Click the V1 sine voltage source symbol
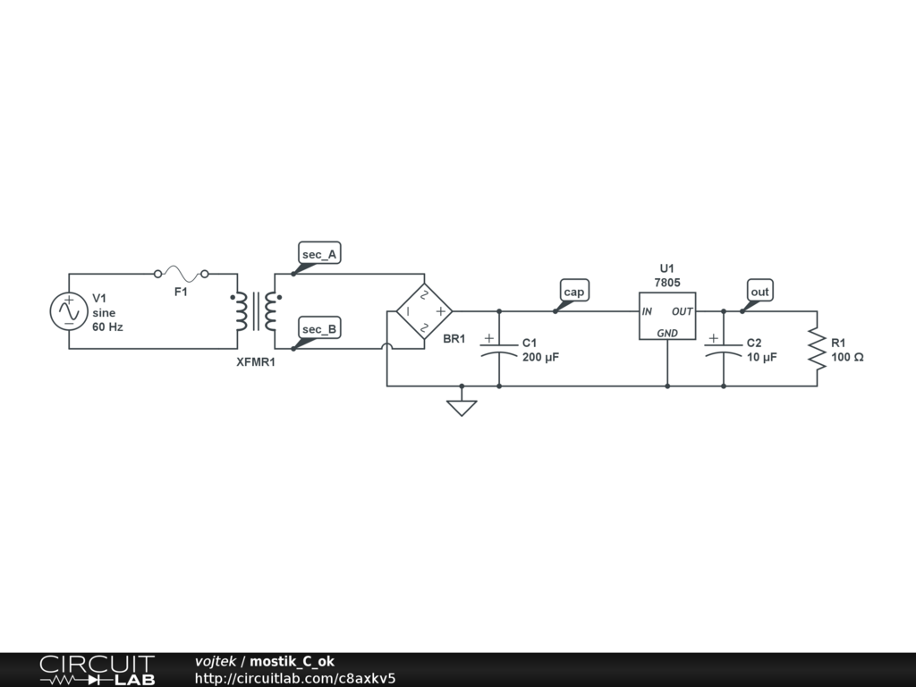tap(68, 311)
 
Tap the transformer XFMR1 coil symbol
tap(255, 311)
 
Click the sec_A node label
tap(319, 255)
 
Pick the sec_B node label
tap(319, 329)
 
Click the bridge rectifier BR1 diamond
tap(425, 311)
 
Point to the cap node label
tap(573, 292)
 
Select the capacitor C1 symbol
tap(498, 347)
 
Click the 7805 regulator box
tap(667, 316)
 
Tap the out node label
tap(759, 292)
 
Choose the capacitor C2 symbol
tap(723, 347)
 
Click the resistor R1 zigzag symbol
tap(817, 349)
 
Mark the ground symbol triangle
tap(462, 408)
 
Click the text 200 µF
tap(540, 357)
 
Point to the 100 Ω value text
tap(846, 357)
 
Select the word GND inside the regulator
tap(667, 333)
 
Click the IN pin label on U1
tap(647, 311)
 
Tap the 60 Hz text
tap(107, 327)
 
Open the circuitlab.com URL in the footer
tap(295, 678)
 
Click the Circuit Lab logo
tap(97, 670)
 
